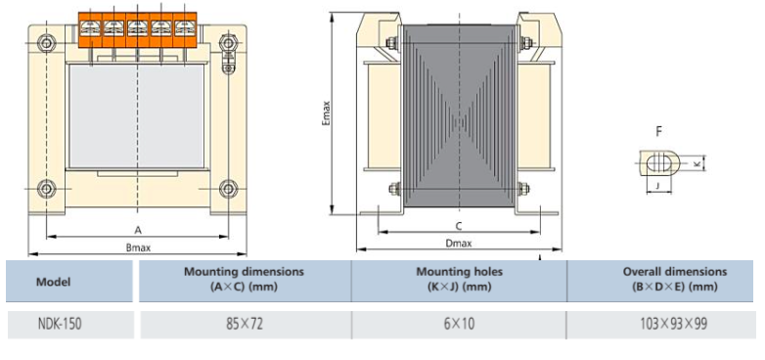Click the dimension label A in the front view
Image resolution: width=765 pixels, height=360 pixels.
(x=138, y=228)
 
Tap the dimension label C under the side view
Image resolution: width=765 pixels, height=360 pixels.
(x=458, y=225)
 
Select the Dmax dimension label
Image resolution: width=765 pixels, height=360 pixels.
(x=458, y=244)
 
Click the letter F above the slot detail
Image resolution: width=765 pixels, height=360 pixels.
(x=658, y=130)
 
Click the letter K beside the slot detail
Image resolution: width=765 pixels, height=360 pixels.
(x=697, y=164)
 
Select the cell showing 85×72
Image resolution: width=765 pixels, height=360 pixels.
(x=245, y=323)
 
